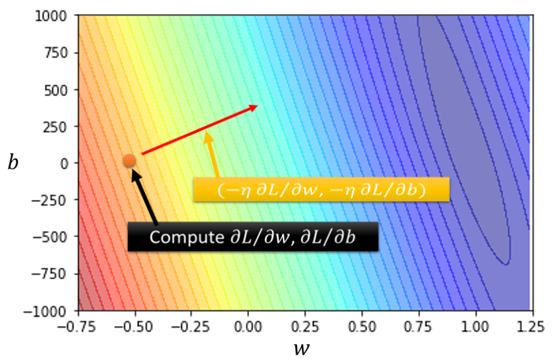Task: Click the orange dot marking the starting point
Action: tap(129, 161)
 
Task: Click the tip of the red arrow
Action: tap(257, 106)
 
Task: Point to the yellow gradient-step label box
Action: tap(321, 190)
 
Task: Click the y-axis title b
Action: tap(13, 162)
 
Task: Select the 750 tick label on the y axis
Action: tap(59, 53)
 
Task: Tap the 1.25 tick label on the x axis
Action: tap(532, 324)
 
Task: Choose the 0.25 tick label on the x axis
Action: tap(304, 324)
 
